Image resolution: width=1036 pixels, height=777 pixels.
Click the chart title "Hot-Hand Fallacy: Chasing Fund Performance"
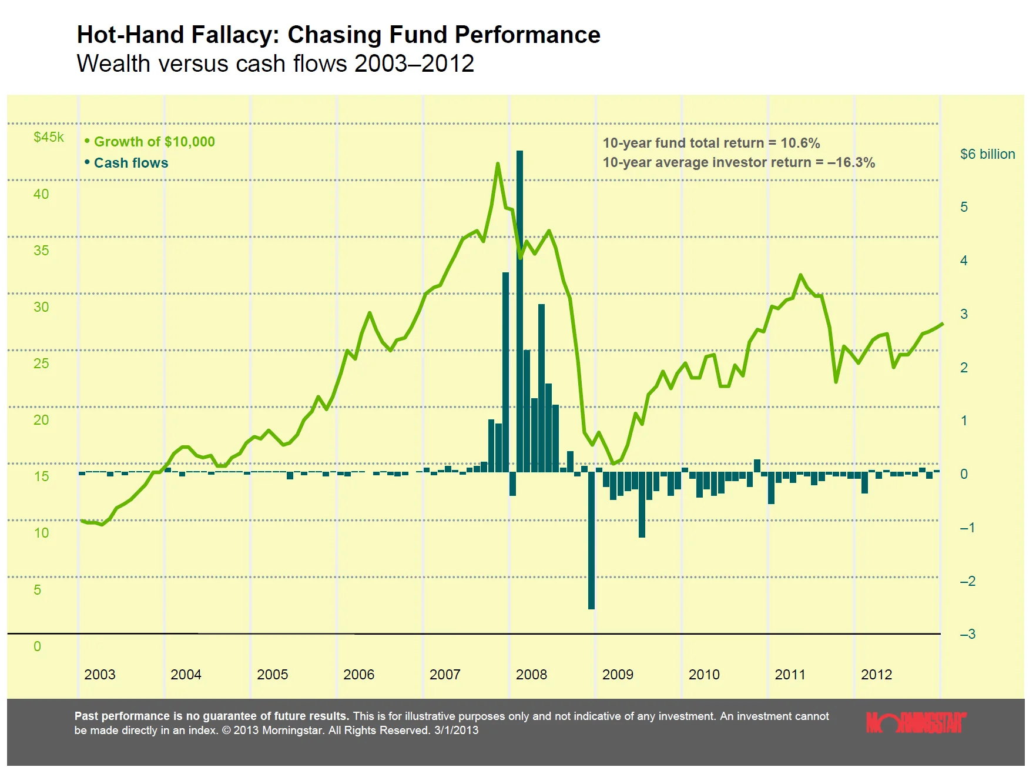click(x=338, y=35)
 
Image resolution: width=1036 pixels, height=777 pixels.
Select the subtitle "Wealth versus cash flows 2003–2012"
click(x=275, y=64)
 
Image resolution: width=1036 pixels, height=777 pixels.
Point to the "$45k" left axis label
click(x=49, y=137)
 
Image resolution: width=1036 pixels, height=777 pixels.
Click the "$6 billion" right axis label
click(x=987, y=154)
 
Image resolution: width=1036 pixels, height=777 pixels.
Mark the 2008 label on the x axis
click(x=531, y=675)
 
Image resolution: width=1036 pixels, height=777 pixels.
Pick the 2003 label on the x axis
click(x=100, y=675)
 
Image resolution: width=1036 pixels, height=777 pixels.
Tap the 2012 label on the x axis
click(x=877, y=675)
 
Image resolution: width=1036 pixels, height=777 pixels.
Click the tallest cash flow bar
click(x=519, y=311)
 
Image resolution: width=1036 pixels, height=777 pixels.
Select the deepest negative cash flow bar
click(x=591, y=540)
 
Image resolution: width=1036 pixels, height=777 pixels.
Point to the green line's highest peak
click(x=498, y=164)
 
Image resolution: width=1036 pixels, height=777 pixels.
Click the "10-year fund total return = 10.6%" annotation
click(x=711, y=143)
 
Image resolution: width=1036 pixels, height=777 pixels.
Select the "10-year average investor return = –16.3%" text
click(x=739, y=162)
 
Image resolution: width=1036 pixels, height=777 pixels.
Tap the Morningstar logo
click(x=916, y=722)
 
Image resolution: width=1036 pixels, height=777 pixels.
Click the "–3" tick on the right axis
click(x=967, y=634)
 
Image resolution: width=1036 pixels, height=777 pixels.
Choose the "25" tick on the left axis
click(x=41, y=364)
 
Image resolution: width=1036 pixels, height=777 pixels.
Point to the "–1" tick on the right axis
click(x=967, y=528)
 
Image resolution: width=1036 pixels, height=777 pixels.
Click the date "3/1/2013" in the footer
click(x=456, y=731)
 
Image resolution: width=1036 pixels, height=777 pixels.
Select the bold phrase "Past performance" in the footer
click(x=122, y=716)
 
